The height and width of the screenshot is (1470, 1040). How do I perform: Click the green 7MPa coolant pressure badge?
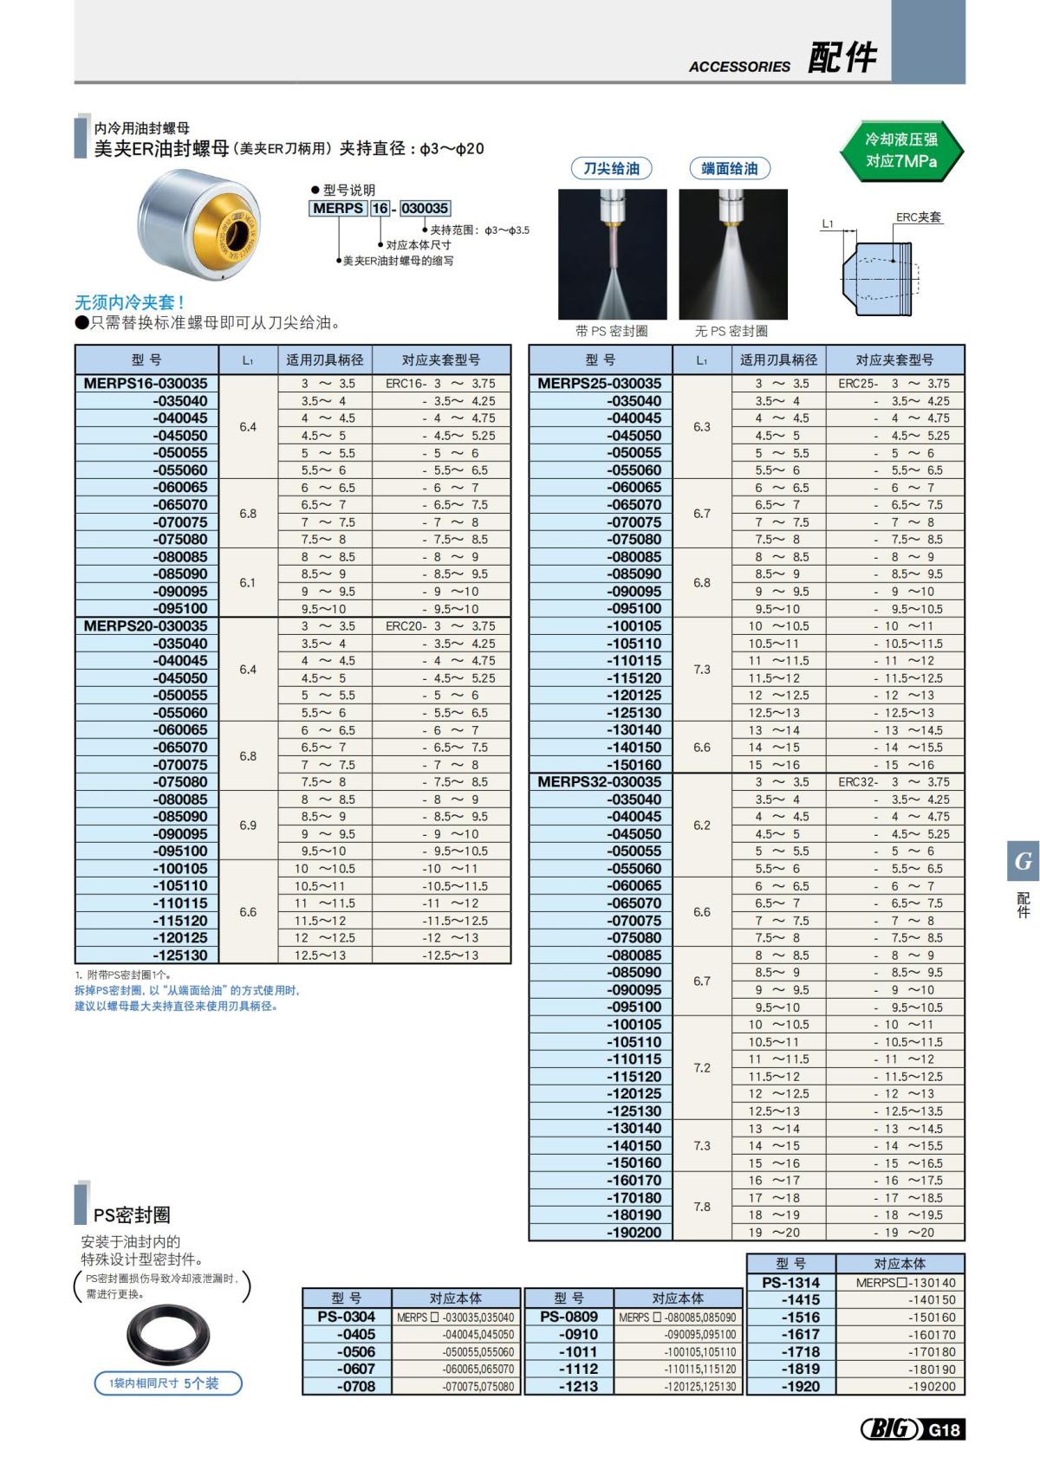tap(901, 151)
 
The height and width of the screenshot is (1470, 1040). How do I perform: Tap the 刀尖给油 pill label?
tap(611, 169)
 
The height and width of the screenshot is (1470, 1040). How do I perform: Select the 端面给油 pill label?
tap(729, 169)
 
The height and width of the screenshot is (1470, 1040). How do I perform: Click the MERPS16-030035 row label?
tap(146, 383)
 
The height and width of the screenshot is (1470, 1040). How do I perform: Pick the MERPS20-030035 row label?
tap(146, 625)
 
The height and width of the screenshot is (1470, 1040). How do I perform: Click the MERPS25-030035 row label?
tap(600, 383)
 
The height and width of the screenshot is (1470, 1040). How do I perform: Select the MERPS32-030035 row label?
tap(600, 781)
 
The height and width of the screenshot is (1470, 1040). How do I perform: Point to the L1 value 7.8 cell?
tap(702, 1206)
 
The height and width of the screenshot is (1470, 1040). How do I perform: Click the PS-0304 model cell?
tap(347, 1317)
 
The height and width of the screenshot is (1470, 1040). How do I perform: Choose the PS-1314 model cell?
tap(790, 1282)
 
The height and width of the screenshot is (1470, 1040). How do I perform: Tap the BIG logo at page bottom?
tap(891, 1428)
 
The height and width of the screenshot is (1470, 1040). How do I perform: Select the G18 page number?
tap(945, 1429)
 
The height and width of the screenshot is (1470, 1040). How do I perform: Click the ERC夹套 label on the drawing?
tap(918, 217)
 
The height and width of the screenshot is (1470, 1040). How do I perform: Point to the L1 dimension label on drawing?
tap(828, 223)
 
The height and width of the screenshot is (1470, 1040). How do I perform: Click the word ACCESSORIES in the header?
tap(739, 67)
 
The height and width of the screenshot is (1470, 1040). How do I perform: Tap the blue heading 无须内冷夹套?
tap(129, 302)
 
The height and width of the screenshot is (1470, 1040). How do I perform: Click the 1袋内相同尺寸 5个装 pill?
tap(167, 1383)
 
